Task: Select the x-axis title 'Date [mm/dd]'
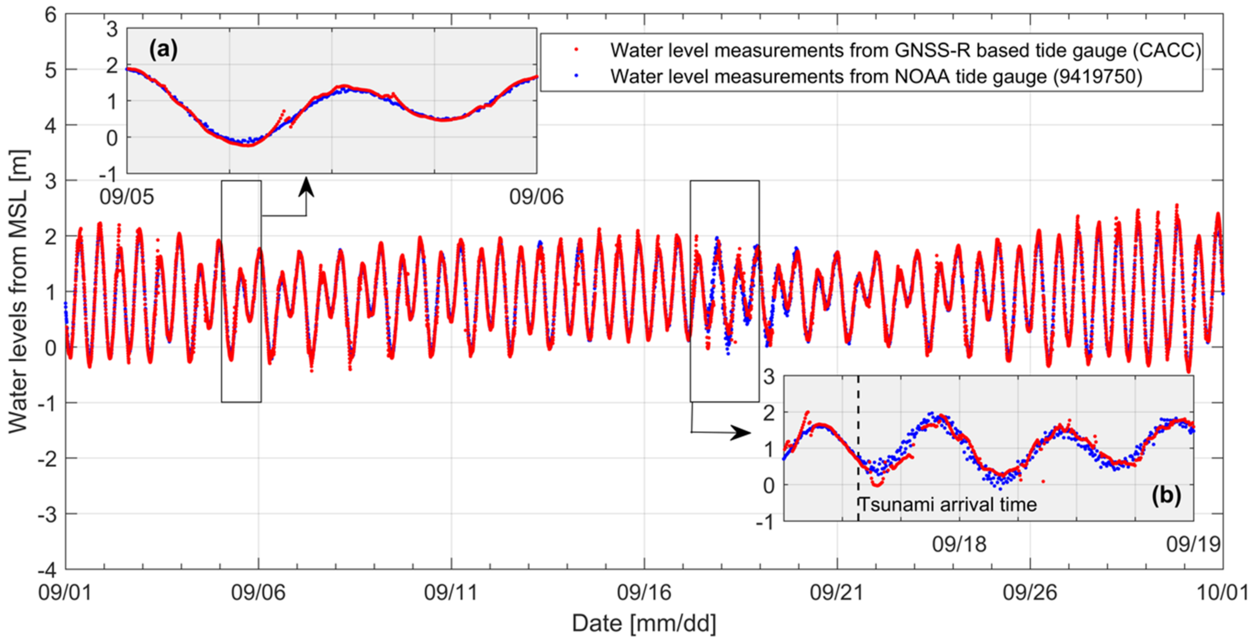click(x=643, y=623)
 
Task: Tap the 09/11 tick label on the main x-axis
click(x=451, y=592)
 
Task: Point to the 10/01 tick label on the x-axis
click(x=1222, y=592)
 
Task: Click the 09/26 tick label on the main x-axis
click(x=1030, y=592)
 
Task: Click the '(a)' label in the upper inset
click(x=163, y=49)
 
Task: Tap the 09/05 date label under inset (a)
click(x=126, y=197)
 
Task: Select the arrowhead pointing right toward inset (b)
click(x=742, y=433)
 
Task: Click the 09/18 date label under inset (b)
click(x=959, y=544)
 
